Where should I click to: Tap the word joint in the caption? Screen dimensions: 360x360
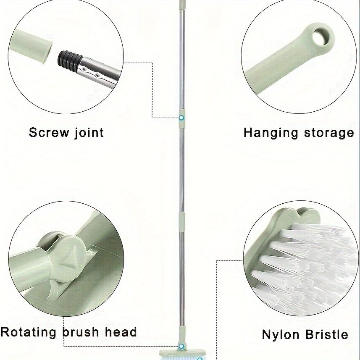(87, 133)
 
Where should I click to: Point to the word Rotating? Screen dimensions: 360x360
(29, 332)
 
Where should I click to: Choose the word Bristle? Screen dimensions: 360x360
(327, 334)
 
